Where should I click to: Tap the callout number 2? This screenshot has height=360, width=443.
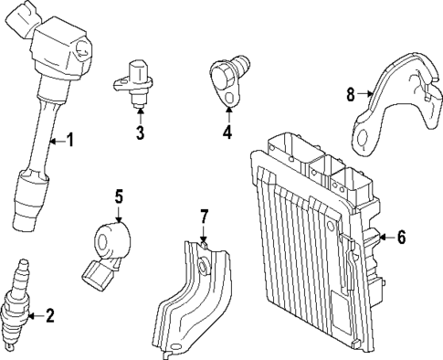50,316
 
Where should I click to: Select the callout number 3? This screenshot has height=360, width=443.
140,134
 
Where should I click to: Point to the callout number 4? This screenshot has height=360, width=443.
227,132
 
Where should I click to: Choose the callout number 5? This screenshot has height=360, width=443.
118,196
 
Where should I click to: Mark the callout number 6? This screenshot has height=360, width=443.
400,238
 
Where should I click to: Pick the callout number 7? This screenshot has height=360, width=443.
205,217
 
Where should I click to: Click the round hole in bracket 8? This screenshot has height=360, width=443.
363,139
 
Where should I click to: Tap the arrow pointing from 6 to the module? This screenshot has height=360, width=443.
382,238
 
